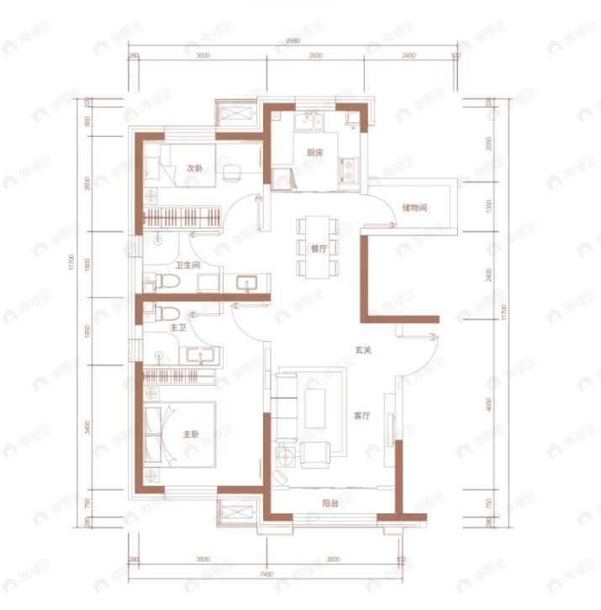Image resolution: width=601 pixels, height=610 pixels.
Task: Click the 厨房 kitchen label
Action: [x=315, y=153]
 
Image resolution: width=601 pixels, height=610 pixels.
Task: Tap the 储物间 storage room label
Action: [x=417, y=207]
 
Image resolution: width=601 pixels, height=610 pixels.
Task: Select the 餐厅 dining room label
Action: [x=318, y=249]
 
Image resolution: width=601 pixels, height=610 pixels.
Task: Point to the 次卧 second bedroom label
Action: [x=194, y=168]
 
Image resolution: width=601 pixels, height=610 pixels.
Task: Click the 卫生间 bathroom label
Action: [x=187, y=267]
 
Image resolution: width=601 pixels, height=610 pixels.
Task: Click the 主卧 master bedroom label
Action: [x=191, y=434]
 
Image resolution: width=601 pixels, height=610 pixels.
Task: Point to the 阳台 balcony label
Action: [x=330, y=504]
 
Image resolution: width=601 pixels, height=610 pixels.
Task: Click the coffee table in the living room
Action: [x=317, y=409]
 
